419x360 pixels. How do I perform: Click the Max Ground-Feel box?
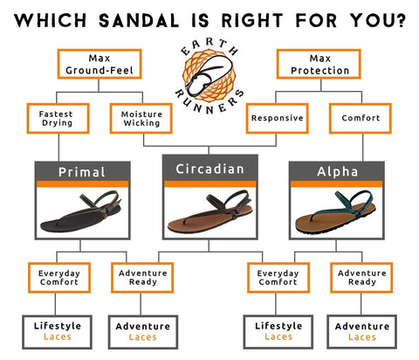coord(100,64)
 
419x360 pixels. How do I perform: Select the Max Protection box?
coord(319,64)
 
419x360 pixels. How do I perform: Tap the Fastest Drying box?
coord(58,118)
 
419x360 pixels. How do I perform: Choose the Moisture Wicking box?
coord(141,118)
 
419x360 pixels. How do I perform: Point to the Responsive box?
coord(277,118)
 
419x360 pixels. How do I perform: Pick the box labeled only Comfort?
coord(361,118)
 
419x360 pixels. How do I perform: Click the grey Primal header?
coord(82,171)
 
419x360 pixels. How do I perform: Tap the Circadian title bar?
coord(210,168)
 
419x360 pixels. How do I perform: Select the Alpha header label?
coord(337,171)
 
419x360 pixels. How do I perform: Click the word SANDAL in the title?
coord(139,21)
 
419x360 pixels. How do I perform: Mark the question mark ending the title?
coord(401,20)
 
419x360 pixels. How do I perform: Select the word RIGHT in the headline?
coord(252,21)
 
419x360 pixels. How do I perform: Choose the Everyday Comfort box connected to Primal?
coord(59,278)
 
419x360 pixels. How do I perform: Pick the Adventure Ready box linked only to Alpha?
coord(361,278)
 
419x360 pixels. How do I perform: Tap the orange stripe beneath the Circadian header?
coord(210,183)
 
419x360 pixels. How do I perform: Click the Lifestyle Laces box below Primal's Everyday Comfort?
coord(57,332)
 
